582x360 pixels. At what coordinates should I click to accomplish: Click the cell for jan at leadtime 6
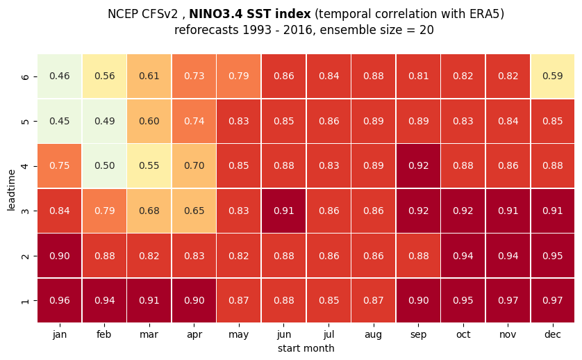point(60,76)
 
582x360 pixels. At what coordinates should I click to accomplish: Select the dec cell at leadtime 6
point(553,76)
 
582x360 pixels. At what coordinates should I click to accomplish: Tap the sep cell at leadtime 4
point(418,165)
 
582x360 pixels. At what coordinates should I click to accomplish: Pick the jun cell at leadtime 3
point(283,211)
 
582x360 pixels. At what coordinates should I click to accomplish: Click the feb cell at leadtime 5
point(104,121)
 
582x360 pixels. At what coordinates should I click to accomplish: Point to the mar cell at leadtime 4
point(149,165)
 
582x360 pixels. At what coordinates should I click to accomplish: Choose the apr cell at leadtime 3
point(194,211)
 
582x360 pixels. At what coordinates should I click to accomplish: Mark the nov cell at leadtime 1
point(508,300)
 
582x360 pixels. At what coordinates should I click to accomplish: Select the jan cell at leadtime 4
point(60,165)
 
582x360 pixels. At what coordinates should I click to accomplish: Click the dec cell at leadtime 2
point(553,256)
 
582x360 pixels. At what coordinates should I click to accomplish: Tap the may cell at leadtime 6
point(239,76)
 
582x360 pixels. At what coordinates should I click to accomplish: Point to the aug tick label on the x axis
point(374,335)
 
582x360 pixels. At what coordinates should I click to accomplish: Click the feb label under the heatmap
point(104,334)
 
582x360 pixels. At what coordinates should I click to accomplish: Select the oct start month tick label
point(463,334)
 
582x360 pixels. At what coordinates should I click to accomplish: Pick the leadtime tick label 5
point(25,121)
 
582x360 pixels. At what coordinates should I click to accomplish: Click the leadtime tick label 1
point(25,300)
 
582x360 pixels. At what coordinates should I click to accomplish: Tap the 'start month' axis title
point(306,348)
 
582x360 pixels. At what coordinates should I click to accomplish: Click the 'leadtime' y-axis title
point(11,190)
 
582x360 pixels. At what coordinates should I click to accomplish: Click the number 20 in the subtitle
point(426,30)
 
